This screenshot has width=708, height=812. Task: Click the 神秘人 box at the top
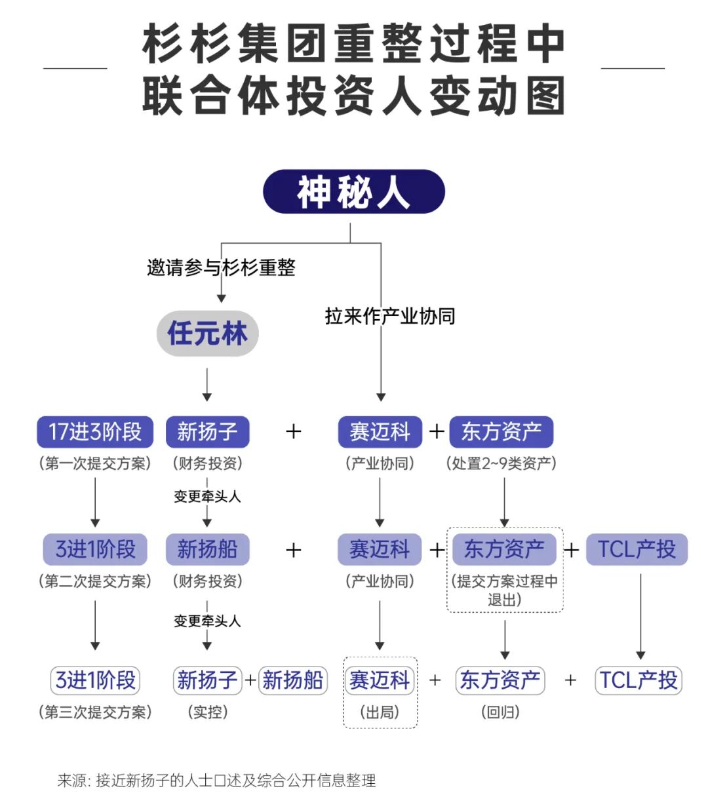(354, 192)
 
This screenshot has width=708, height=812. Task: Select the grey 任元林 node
(207, 334)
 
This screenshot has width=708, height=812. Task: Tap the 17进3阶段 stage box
(95, 432)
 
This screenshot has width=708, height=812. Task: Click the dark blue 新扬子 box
(207, 432)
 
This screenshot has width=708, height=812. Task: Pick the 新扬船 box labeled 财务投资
(207, 549)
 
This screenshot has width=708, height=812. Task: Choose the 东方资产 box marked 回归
(500, 680)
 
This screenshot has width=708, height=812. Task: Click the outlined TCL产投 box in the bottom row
(639, 680)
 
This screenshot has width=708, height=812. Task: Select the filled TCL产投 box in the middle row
(637, 549)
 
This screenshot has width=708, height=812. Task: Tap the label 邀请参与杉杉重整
(221, 267)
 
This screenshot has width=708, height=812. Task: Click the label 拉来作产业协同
(390, 317)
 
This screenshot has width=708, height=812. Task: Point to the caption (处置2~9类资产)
(501, 463)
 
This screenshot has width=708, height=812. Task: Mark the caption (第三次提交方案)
(95, 712)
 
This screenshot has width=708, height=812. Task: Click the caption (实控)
(207, 712)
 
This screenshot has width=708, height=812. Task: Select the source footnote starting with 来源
(216, 781)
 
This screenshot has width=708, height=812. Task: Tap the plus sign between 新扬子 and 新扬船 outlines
(250, 680)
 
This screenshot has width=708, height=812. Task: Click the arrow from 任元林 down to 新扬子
(207, 385)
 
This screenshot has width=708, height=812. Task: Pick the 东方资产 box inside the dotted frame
(504, 549)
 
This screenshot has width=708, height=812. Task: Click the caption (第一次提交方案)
(95, 463)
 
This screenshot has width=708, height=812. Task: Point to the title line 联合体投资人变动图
(354, 96)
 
